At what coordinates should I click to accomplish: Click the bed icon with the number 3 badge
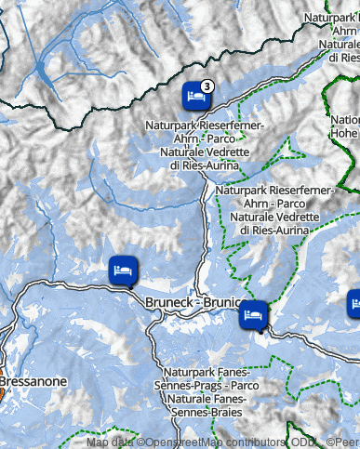pyautogui.click(x=194, y=95)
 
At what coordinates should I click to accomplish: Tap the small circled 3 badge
pyautogui.click(x=207, y=86)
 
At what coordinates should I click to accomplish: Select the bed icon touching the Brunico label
pyautogui.click(x=253, y=315)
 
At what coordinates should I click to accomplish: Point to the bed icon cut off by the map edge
pyautogui.click(x=354, y=304)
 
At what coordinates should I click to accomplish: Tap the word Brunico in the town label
pyautogui.click(x=224, y=303)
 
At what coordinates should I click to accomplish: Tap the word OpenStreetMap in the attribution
pyautogui.click(x=185, y=442)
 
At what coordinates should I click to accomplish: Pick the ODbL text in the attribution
pyautogui.click(x=303, y=442)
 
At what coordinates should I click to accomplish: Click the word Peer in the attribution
pyautogui.click(x=346, y=442)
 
